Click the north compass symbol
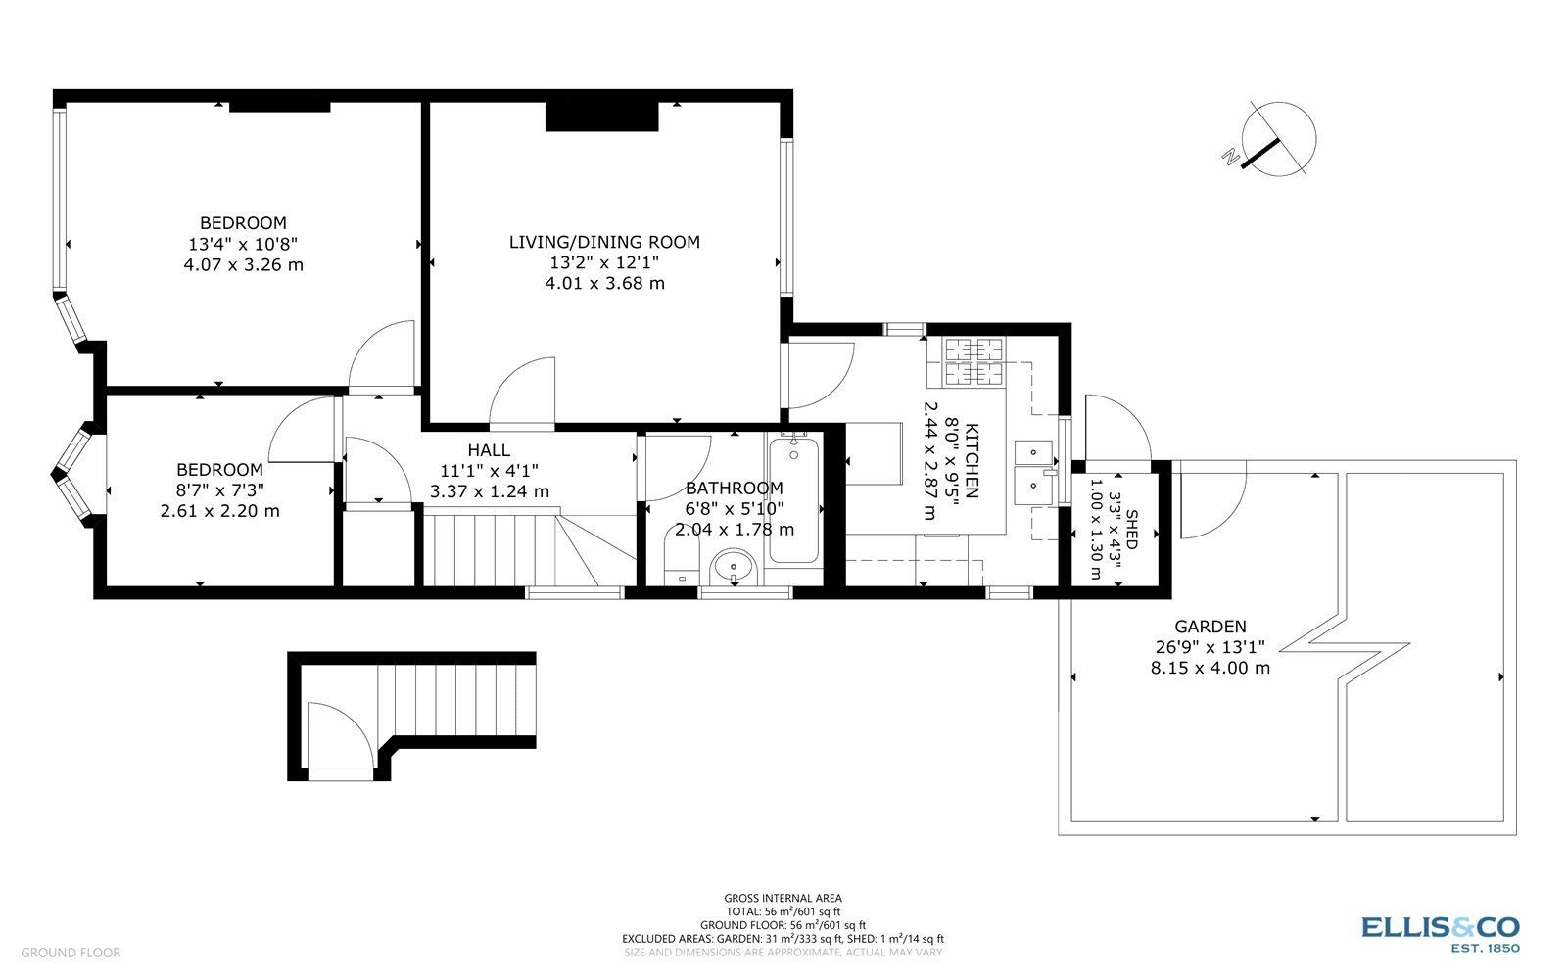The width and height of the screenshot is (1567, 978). (1277, 139)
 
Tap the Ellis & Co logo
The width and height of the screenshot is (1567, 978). (1440, 931)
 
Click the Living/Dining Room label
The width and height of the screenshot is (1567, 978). (604, 242)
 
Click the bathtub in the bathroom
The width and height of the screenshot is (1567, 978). (793, 500)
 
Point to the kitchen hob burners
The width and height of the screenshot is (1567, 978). (974, 360)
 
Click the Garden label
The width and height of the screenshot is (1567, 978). (1211, 627)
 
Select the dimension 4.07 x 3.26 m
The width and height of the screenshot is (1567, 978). (243, 264)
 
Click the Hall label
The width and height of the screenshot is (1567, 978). (488, 450)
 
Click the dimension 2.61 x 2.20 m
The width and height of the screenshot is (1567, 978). (219, 510)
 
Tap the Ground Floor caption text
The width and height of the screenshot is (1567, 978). (71, 953)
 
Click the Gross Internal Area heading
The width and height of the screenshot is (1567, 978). (783, 898)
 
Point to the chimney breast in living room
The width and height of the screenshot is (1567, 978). (601, 116)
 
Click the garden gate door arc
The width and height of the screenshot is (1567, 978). (1212, 504)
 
